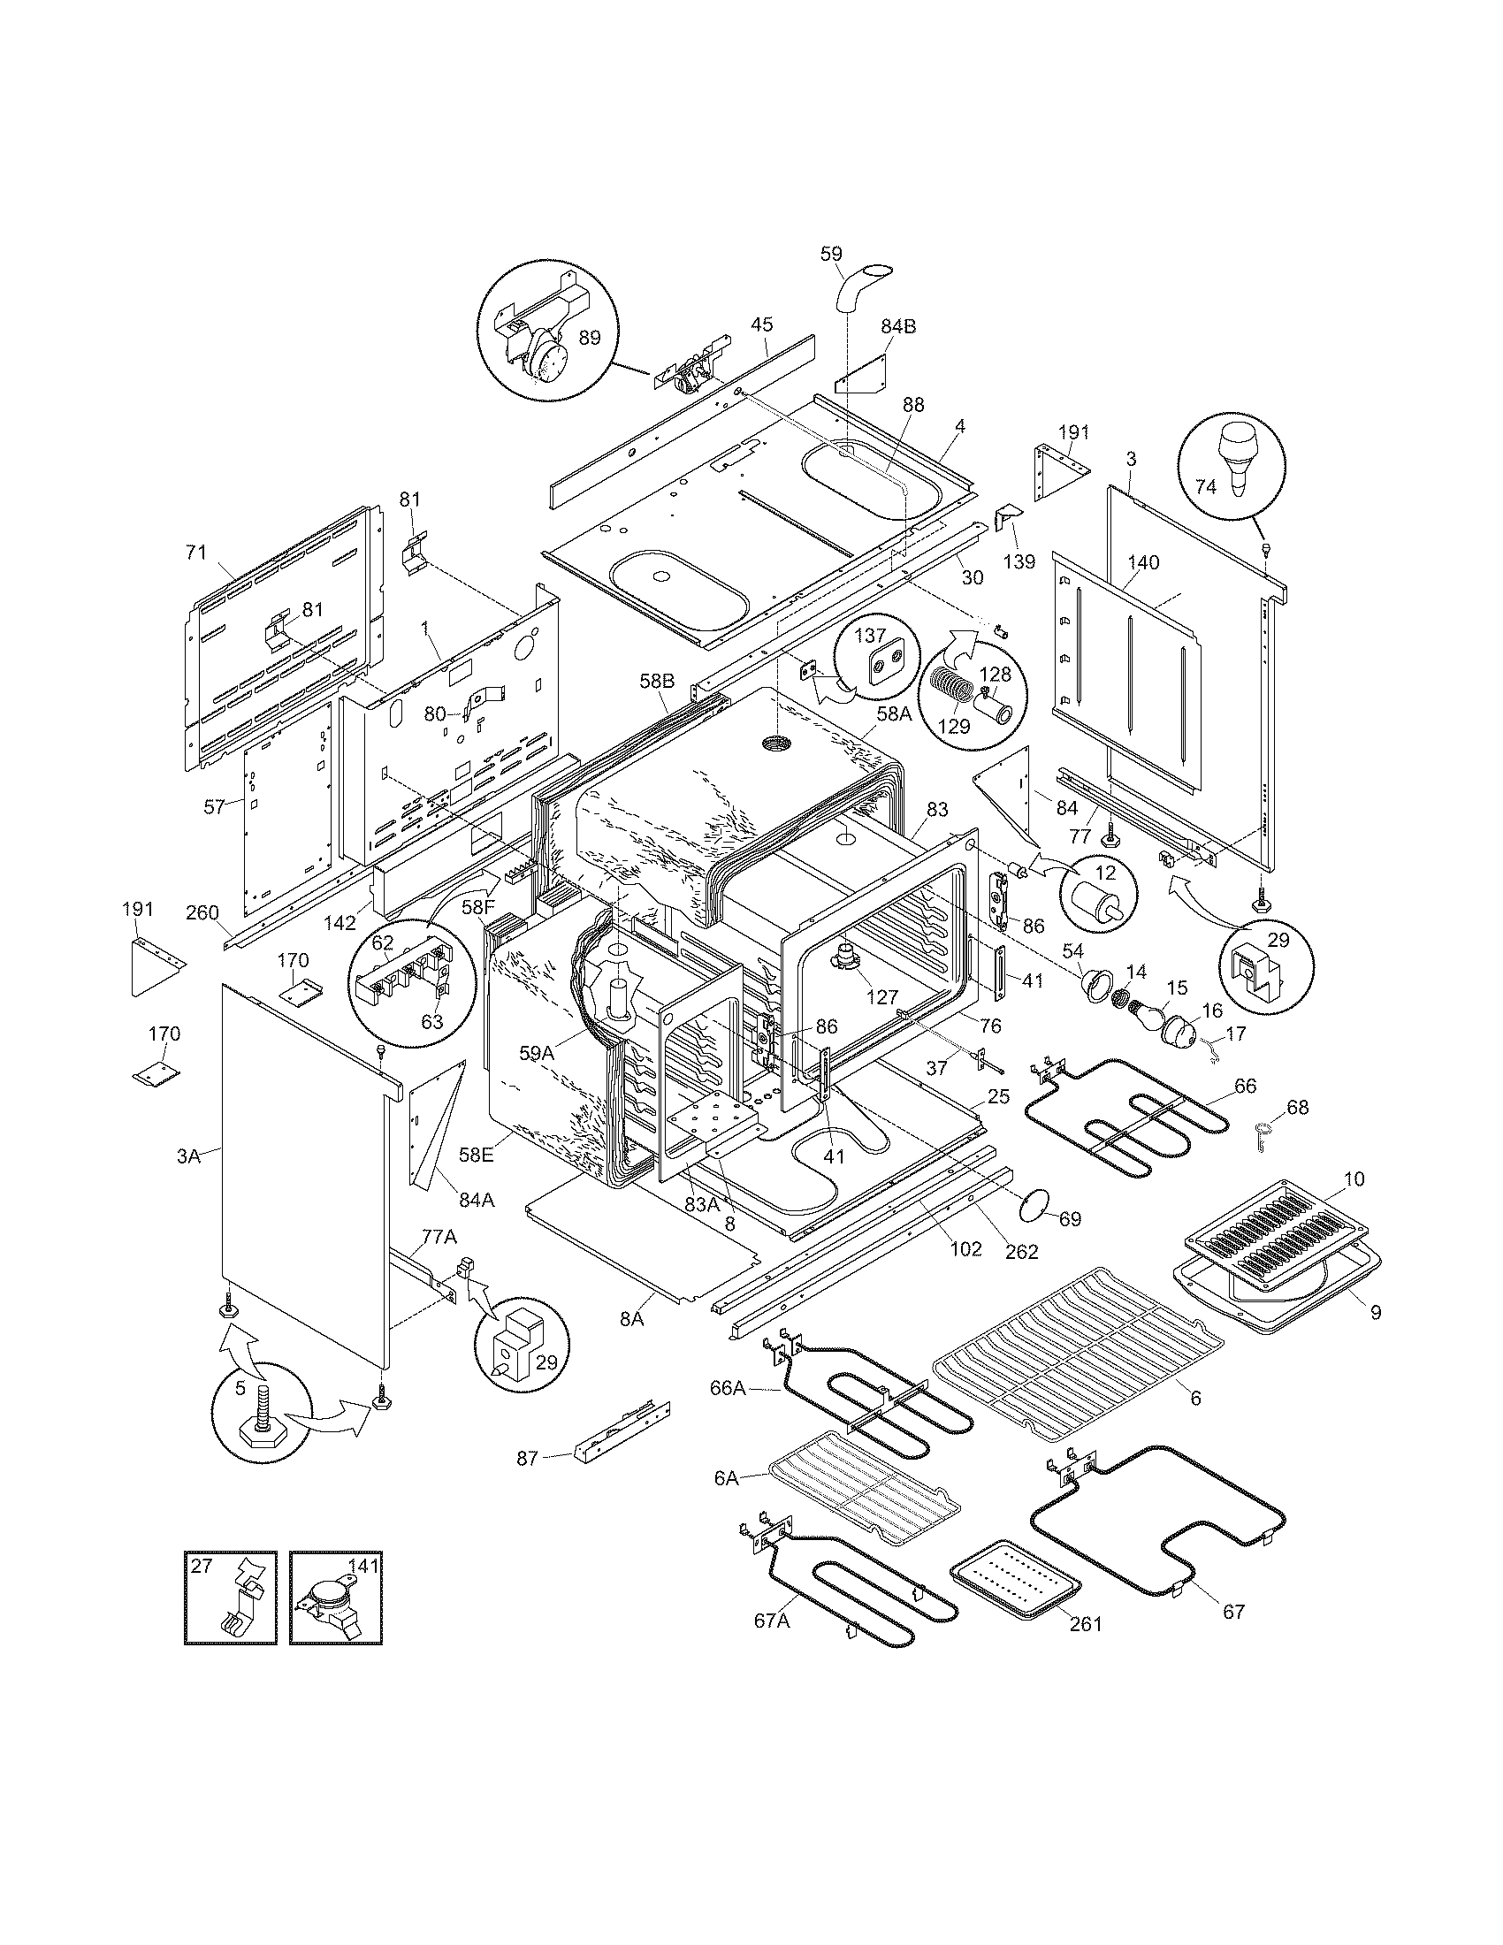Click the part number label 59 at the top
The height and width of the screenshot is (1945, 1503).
tap(830, 254)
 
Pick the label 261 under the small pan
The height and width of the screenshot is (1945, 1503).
tap(1086, 1623)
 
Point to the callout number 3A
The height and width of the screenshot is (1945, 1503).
tap(189, 1157)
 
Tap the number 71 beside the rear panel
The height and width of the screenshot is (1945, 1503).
tap(196, 553)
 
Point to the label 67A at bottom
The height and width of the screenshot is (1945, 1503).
tap(771, 1621)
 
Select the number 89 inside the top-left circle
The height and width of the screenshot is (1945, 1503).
tap(589, 338)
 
